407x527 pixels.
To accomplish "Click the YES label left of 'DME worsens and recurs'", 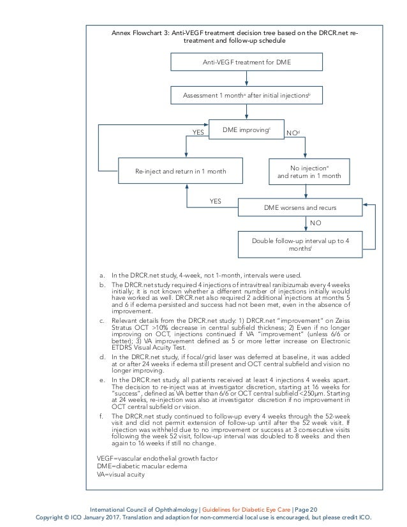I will (x=216, y=200).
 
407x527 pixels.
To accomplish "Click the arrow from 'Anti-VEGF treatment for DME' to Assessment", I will (x=247, y=80).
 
